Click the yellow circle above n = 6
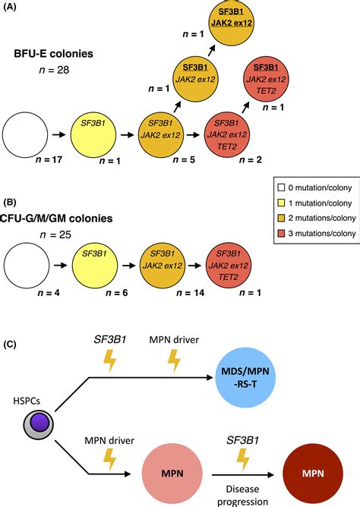(x=96, y=256)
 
